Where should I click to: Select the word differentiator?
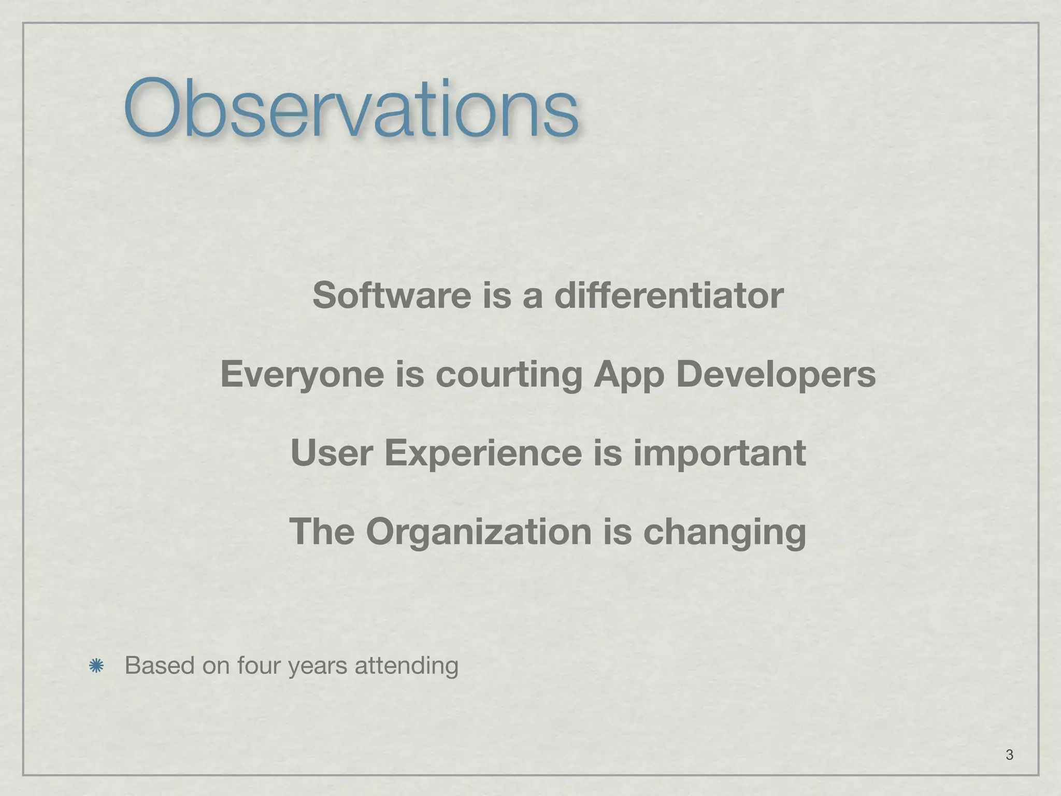[x=669, y=295]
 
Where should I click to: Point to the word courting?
[x=509, y=374]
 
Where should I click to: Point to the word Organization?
[x=478, y=533]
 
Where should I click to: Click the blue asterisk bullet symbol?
[x=96, y=666]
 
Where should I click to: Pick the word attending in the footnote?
[x=407, y=666]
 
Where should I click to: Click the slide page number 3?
[x=1009, y=755]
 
